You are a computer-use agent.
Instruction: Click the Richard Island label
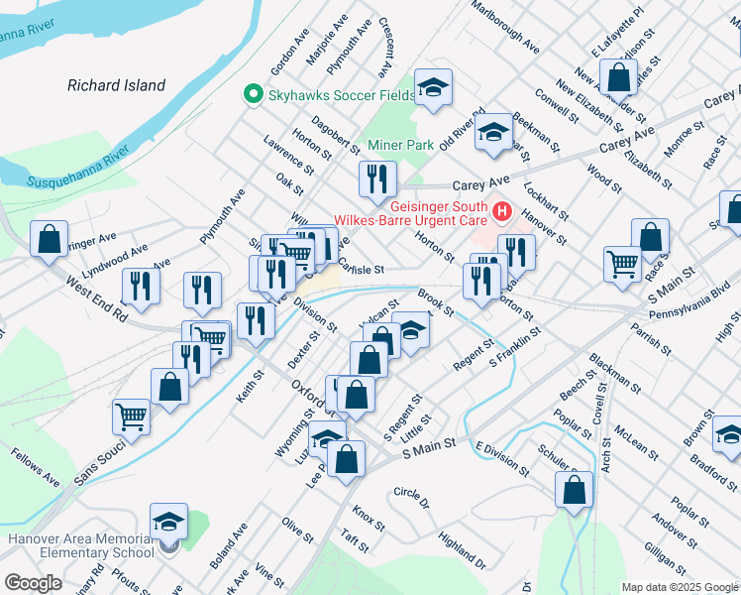(x=116, y=85)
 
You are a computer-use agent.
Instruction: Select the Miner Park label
(x=401, y=145)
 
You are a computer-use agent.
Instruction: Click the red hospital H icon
(x=501, y=211)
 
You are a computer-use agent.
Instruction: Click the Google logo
(x=33, y=583)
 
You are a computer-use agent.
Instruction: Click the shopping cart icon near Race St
(x=622, y=263)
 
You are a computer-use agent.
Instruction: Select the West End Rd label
(x=96, y=298)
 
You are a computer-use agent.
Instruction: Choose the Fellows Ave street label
(x=36, y=466)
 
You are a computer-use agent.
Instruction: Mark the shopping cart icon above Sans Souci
(x=132, y=416)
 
